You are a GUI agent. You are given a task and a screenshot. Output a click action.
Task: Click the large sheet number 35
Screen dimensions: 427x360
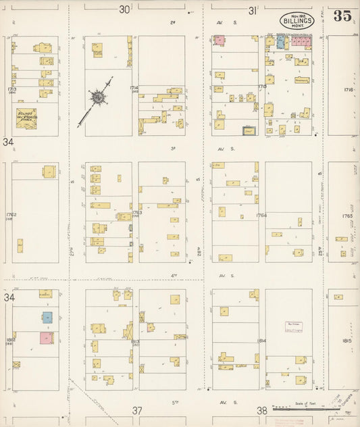pos(342,16)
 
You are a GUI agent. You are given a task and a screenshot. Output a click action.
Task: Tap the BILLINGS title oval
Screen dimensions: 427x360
pos(297,20)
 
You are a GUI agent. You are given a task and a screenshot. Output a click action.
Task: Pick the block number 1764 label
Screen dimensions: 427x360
pos(262,216)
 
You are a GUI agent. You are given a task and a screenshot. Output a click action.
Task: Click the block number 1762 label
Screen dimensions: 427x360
pos(11,216)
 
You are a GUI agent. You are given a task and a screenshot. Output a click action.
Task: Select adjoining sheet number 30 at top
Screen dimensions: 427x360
pos(124,9)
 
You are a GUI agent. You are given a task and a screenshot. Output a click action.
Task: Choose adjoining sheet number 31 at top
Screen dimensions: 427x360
pos(253,10)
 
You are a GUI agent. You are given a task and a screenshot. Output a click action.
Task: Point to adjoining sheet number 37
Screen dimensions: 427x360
pos(137,410)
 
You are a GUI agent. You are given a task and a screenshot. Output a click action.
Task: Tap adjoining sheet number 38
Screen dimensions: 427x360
pos(261,410)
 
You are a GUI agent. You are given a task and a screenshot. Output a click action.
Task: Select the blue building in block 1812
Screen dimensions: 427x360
pos(47,317)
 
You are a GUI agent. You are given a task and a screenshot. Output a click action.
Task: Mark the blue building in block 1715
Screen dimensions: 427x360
pos(280,42)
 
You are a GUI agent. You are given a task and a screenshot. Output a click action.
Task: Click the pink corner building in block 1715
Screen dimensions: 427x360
pos(220,41)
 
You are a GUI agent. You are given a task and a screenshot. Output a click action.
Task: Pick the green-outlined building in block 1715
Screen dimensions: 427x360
pos(249,131)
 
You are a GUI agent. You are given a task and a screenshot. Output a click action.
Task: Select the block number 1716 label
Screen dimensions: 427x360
pos(349,89)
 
